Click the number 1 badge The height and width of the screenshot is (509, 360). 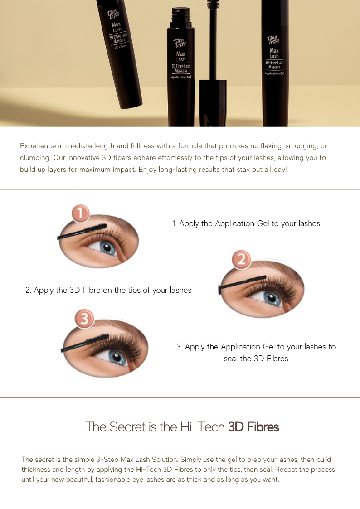[x=81, y=213]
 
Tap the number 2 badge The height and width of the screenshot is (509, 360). [x=242, y=259]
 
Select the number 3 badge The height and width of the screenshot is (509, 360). [x=84, y=319]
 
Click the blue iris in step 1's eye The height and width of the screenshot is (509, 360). [x=108, y=248]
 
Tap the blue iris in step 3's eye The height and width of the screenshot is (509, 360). [x=117, y=358]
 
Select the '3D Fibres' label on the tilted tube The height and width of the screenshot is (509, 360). [x=121, y=47]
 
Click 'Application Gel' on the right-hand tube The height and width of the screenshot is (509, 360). [x=275, y=73]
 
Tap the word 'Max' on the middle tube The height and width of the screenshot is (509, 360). [x=181, y=54]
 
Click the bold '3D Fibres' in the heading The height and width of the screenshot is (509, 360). [x=253, y=427]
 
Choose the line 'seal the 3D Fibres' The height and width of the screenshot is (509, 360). [x=256, y=359]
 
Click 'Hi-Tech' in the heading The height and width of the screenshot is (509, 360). [x=203, y=427]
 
